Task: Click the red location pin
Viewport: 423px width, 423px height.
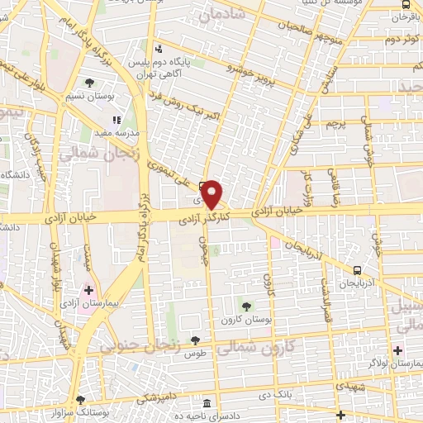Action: (x=212, y=194)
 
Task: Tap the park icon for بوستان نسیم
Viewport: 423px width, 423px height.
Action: (x=89, y=82)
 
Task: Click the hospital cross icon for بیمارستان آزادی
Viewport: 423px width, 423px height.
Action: (x=88, y=291)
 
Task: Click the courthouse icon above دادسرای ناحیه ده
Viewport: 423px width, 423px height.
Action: (x=206, y=403)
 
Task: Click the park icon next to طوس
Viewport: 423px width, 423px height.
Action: (x=195, y=340)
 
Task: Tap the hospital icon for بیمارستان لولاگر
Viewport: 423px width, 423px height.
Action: (x=397, y=351)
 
